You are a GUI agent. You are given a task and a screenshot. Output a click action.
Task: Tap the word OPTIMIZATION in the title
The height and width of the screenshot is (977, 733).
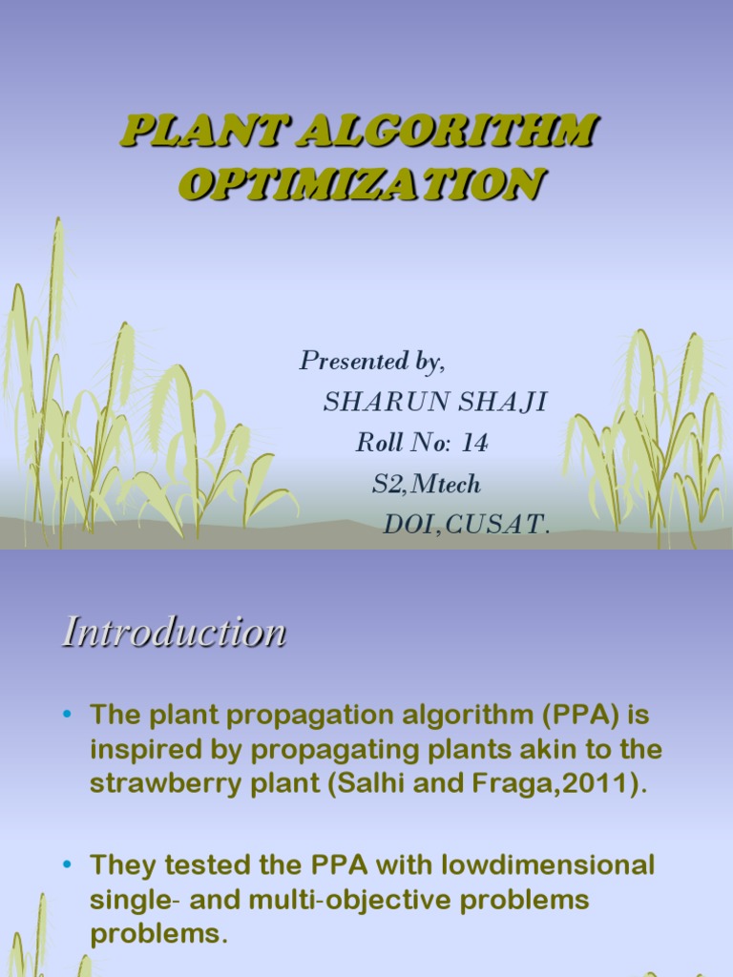click(362, 183)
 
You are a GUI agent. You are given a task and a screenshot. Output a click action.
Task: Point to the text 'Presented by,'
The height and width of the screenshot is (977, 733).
click(372, 362)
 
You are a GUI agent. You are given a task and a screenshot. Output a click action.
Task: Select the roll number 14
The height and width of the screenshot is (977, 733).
click(474, 444)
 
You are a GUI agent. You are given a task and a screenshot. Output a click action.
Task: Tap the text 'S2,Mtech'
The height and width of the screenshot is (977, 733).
click(427, 485)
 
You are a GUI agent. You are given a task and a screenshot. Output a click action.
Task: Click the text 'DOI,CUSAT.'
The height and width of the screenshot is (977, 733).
click(466, 525)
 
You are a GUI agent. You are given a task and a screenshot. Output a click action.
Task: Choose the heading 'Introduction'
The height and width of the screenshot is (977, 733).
click(174, 633)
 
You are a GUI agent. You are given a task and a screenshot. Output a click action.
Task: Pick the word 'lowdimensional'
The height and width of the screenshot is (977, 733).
click(540, 865)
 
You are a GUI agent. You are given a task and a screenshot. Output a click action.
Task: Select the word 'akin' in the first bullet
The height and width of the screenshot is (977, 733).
click(561, 750)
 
